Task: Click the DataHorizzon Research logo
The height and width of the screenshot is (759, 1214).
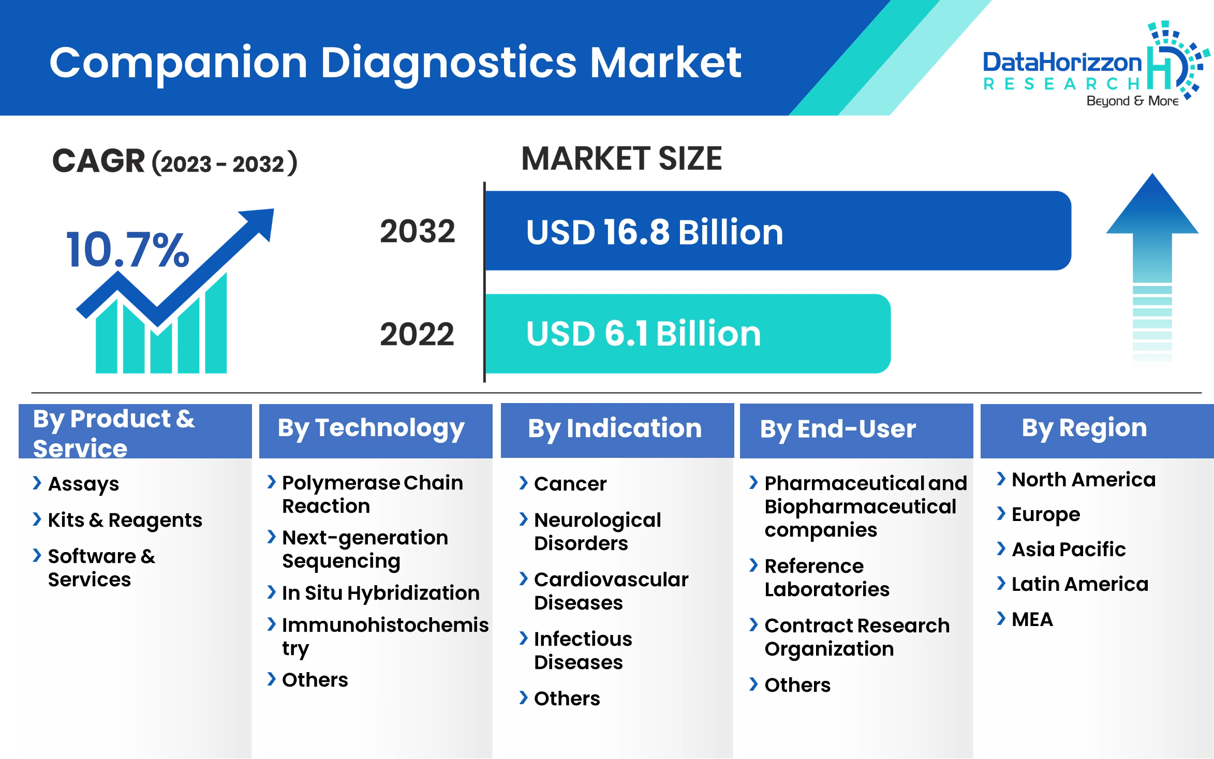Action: tap(1092, 65)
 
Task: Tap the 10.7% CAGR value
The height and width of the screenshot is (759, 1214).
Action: tap(127, 250)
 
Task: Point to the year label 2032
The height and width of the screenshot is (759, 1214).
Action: tap(418, 231)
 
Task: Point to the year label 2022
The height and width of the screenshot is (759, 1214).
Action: tap(417, 334)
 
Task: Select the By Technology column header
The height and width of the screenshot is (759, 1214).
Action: tap(371, 429)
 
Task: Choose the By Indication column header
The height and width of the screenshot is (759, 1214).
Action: tap(615, 429)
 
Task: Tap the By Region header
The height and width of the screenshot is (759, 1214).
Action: tap(1084, 428)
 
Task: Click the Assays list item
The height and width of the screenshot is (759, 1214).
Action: tap(83, 484)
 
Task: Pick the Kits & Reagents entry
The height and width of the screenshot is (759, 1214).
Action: tap(125, 520)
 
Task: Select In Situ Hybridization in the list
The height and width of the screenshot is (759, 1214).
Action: tap(380, 593)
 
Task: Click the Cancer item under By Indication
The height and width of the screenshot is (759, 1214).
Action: tap(570, 484)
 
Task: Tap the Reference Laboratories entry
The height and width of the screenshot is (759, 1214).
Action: tap(826, 577)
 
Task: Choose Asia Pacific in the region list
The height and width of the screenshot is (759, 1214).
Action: tap(1068, 549)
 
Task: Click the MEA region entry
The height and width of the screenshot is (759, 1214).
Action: tap(1032, 619)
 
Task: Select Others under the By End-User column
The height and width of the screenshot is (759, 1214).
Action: tap(797, 685)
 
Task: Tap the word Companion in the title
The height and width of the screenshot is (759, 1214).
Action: tap(178, 63)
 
